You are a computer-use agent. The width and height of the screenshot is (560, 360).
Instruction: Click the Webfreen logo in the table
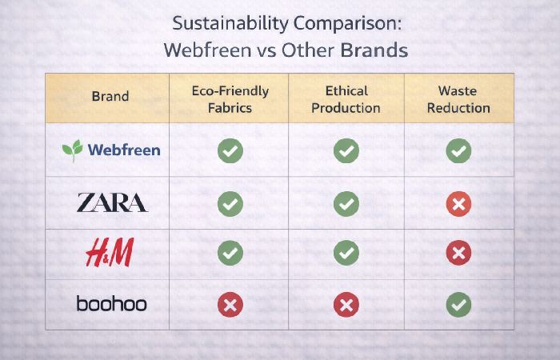[x=111, y=150]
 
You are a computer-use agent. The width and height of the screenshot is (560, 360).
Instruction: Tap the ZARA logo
[x=111, y=203]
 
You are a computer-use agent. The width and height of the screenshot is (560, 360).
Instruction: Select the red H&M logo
[x=110, y=254]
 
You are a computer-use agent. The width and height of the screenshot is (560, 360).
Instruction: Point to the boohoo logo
[x=111, y=304]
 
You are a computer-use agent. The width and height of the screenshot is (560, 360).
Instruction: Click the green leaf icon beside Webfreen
[x=73, y=150]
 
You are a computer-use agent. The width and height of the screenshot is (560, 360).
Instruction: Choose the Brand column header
[x=110, y=97]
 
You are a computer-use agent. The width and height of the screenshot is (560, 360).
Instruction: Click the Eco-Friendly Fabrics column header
[x=230, y=100]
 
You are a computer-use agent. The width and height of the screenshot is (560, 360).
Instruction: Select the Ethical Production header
[x=346, y=100]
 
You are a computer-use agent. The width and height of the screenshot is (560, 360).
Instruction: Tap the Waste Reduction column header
[x=458, y=100]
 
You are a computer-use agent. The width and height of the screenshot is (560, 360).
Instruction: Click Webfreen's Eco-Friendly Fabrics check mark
[x=230, y=150]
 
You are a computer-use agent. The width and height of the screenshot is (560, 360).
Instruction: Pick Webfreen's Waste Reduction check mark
[x=458, y=150]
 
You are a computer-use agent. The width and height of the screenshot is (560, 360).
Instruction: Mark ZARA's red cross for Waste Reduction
[x=458, y=204]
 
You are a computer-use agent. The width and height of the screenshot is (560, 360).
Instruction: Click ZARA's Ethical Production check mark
[x=346, y=204]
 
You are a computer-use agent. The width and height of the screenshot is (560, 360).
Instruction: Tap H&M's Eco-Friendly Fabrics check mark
[x=230, y=254]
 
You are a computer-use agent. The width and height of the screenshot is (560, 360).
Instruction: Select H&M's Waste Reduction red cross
[x=458, y=254]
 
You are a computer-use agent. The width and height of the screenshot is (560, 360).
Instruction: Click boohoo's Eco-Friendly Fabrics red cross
[x=230, y=305]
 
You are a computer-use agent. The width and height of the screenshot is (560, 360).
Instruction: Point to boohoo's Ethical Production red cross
[x=346, y=305]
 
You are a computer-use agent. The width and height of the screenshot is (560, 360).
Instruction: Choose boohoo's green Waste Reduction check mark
[x=458, y=305]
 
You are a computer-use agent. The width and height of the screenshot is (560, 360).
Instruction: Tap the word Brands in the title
[x=374, y=50]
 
